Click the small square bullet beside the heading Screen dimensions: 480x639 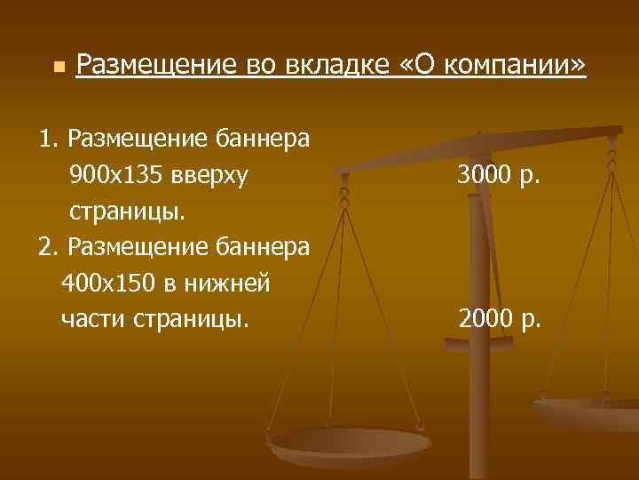coord(58,68)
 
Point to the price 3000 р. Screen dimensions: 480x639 coord(499,177)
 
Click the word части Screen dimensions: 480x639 coord(93,317)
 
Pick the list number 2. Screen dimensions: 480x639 coord(47,247)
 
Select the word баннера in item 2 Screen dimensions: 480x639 coord(263,247)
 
